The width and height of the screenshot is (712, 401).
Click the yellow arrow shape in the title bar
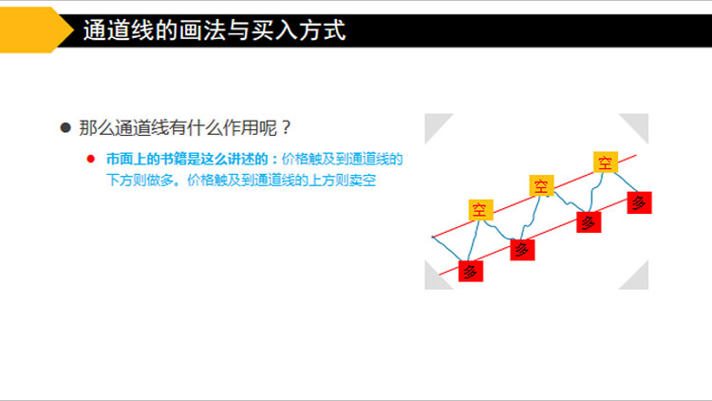pyautogui.click(x=31, y=30)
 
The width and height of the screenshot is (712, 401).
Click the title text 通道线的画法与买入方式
pyautogui.click(x=215, y=30)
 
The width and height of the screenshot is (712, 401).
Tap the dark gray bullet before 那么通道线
pyautogui.click(x=66, y=127)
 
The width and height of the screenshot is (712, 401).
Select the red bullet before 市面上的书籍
pyautogui.click(x=91, y=159)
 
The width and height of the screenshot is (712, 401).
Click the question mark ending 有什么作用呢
pyautogui.click(x=286, y=127)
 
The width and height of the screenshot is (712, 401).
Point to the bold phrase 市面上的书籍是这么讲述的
pyautogui.click(x=187, y=159)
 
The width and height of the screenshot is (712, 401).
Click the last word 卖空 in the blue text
pyautogui.click(x=363, y=180)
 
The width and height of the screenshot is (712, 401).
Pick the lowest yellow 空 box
pyautogui.click(x=481, y=210)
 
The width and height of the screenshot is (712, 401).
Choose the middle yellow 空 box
pyautogui.click(x=541, y=185)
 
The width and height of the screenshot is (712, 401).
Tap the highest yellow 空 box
pyautogui.click(x=606, y=162)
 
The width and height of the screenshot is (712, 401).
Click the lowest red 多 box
pyautogui.click(x=471, y=272)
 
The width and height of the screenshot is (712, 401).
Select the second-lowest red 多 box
pyautogui.click(x=522, y=250)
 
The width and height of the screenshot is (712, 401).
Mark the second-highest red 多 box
pyautogui.click(x=589, y=222)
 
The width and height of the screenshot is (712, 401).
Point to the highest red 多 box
pyautogui.click(x=639, y=202)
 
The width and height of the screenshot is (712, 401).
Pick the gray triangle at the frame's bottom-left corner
pyautogui.click(x=434, y=279)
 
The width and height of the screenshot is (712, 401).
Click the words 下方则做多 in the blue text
pyautogui.click(x=140, y=180)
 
